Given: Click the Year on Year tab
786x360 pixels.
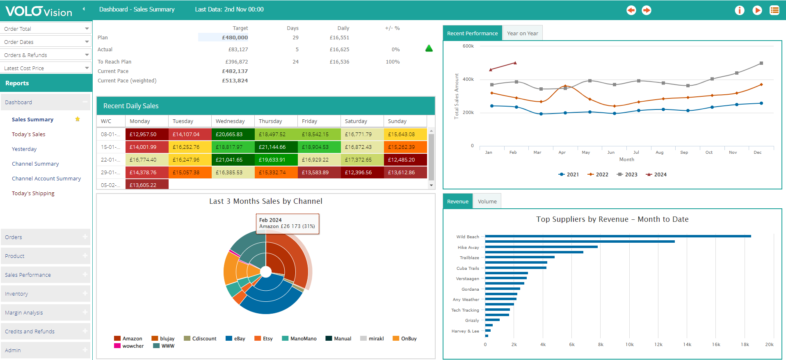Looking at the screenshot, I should (522, 33).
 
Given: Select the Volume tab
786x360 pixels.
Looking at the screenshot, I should (487, 201).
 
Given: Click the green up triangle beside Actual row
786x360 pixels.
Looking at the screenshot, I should (429, 48).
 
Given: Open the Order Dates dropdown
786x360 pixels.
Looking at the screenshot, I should (46, 42).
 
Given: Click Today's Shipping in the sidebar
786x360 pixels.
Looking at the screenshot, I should (33, 193).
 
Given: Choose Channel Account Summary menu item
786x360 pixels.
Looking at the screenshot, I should (46, 178).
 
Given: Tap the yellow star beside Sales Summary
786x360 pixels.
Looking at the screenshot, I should (78, 119).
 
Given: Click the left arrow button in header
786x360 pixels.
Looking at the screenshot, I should (631, 10).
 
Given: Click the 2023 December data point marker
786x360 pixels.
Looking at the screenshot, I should (761, 63).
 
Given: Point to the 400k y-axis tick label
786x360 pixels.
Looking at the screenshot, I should (468, 79).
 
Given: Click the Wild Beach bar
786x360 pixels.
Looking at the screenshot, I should (617, 236).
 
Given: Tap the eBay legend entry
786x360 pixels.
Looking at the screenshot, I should (235, 339).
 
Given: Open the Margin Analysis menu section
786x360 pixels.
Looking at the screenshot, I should (46, 312).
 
